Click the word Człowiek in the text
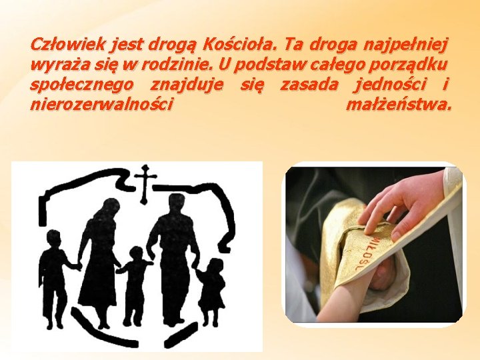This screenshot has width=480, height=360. tap(61, 45)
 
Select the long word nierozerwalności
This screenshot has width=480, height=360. tap(102, 105)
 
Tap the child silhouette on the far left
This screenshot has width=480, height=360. tap(53, 280)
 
